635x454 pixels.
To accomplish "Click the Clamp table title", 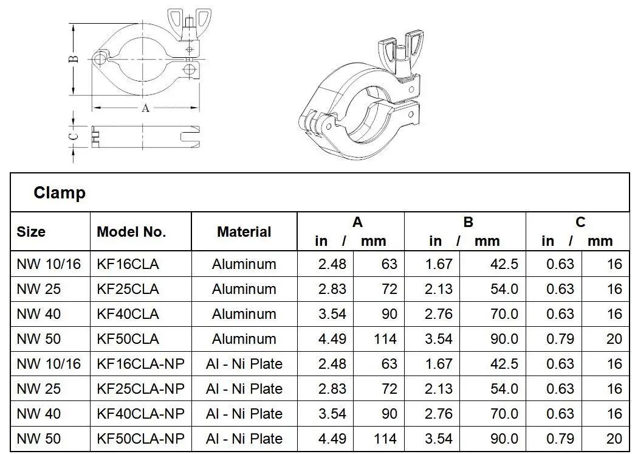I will tap(60, 193).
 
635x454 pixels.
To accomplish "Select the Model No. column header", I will tap(131, 232).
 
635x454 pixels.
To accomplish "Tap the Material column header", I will tap(244, 232).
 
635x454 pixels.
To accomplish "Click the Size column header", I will tap(31, 232).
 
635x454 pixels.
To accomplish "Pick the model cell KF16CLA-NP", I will tap(140, 364).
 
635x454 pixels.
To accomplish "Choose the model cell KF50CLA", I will tap(128, 339).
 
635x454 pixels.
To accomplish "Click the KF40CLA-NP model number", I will tap(140, 414).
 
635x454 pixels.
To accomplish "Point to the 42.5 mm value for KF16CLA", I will tap(504, 264).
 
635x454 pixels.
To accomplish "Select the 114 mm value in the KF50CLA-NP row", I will tap(385, 439).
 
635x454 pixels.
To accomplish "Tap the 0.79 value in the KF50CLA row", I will tap(560, 339).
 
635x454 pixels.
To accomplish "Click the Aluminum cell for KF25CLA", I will tap(244, 289).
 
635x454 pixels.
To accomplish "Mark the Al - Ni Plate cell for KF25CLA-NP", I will tap(244, 389).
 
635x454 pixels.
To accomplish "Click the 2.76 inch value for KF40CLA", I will tap(438, 314).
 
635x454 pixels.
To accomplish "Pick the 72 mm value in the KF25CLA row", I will tap(389, 289).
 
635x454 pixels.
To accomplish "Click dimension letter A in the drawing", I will tap(145, 108).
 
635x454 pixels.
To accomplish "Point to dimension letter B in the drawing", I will tap(72, 59).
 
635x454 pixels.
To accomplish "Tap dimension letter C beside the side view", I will tap(72, 136).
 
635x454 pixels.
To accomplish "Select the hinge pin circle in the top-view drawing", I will tap(100, 58).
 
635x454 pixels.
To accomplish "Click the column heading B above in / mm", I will tap(468, 222).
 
